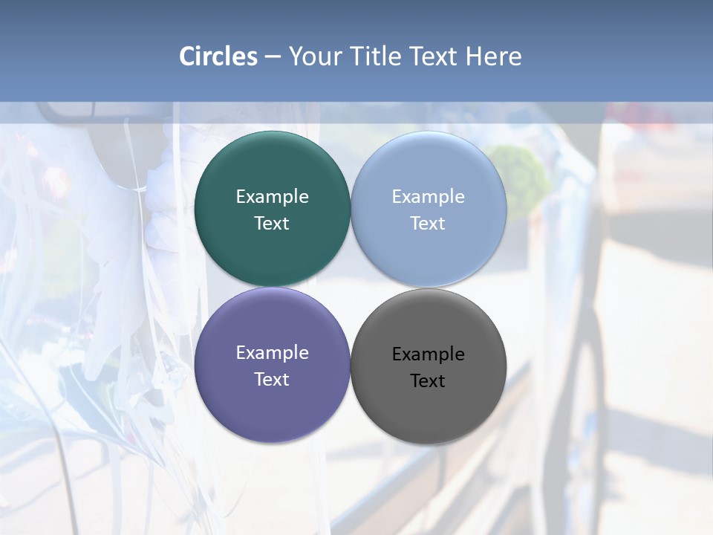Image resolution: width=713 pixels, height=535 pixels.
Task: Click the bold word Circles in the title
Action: tap(218, 56)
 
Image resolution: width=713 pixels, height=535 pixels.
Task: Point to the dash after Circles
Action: tap(273, 57)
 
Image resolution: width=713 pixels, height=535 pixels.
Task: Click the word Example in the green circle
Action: tap(272, 196)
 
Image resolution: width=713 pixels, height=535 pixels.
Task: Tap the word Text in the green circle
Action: tap(272, 223)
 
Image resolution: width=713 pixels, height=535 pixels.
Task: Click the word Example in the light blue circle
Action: tap(428, 196)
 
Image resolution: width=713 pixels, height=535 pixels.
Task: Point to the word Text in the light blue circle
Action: tap(428, 223)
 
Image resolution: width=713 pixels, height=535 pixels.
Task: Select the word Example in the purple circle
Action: tap(272, 352)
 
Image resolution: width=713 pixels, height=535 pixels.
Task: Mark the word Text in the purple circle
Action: tap(272, 379)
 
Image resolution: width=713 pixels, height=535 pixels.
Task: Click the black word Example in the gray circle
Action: tap(428, 354)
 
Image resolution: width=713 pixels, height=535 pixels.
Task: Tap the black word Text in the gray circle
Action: tap(428, 380)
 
